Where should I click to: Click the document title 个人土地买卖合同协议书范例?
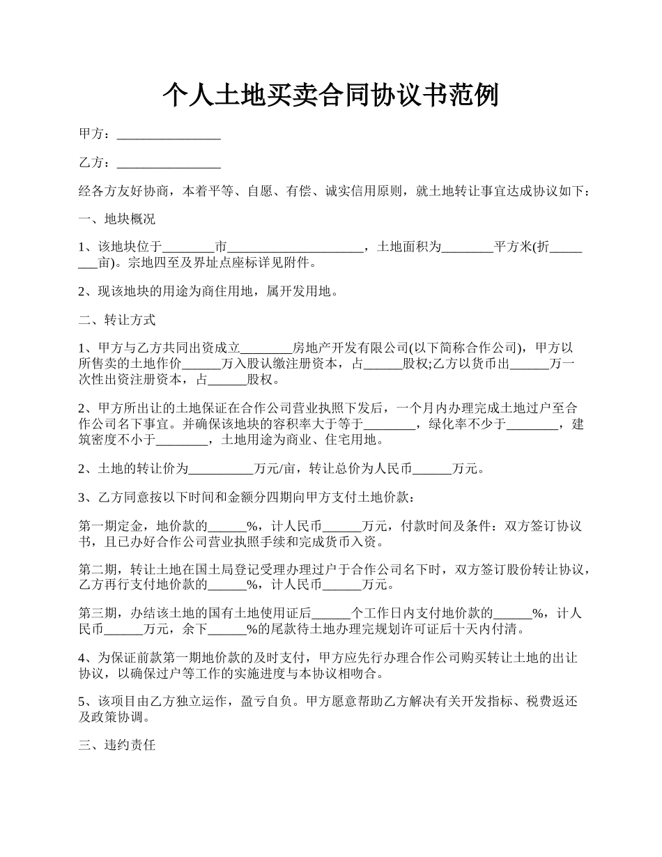pos(330,95)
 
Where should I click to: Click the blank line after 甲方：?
pos(169,135)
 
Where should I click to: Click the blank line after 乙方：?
pos(169,164)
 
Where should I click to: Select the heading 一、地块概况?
pos(116,219)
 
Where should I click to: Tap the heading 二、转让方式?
pos(116,321)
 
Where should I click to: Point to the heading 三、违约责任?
pos(116,746)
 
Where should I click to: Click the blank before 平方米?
pos(467,247)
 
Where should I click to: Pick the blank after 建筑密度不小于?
pos(182,440)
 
